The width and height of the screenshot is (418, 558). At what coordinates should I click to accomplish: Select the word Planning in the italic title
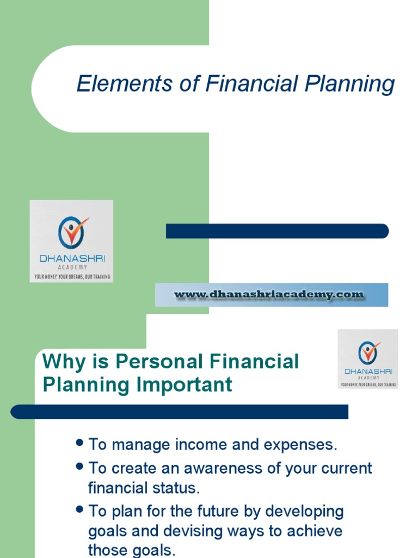pos(349,85)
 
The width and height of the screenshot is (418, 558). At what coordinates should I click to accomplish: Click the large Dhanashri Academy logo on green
pos(71,240)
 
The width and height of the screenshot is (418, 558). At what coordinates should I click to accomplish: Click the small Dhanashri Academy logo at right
pos(368,358)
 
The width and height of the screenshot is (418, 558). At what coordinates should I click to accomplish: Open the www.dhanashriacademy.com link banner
pos(271,295)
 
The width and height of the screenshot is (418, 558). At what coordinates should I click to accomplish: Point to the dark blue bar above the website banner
pos(277,231)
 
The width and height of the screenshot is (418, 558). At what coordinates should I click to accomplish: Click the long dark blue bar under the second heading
pos(180,411)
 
